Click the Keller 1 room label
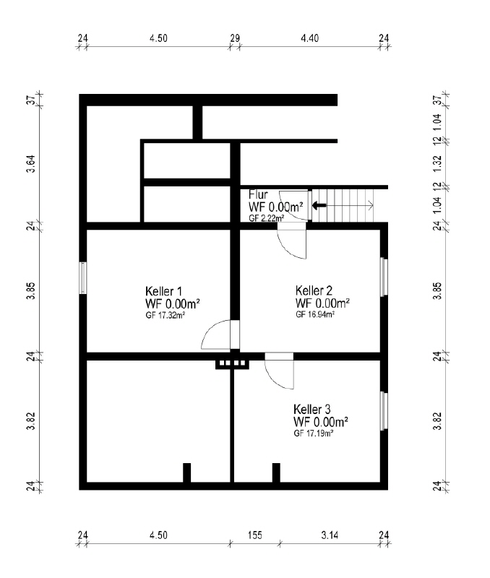pos(164,291)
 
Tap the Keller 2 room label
pos(314,290)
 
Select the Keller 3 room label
pos(312,409)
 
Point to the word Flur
pos(258,194)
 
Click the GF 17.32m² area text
pos(166,316)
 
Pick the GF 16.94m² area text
pos(315,314)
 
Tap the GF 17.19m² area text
pos(314,433)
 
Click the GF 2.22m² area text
pos(267,218)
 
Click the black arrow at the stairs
pos(319,205)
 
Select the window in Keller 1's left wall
pos(83,278)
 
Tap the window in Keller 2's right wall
pos(384,277)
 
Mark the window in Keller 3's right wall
pos(384,411)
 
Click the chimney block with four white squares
pos(232,363)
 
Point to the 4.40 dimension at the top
pos(310,38)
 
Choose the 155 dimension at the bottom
pos(255,535)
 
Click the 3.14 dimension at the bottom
pos(330,535)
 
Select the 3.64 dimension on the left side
pos(31,164)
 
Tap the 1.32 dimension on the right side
pos(437,163)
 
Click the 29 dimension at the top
pos(235,38)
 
